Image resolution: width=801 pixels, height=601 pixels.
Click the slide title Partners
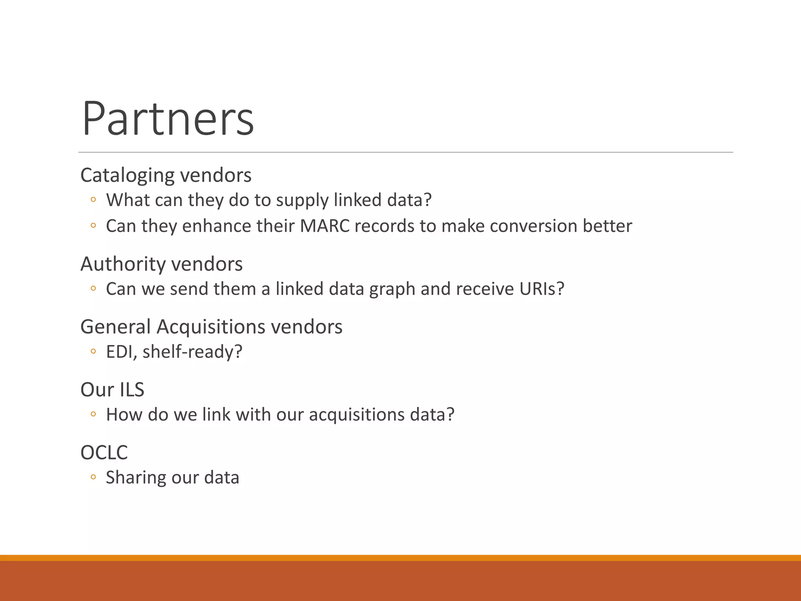click(x=168, y=119)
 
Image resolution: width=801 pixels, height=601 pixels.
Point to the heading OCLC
click(x=104, y=453)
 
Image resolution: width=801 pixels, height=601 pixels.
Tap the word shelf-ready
click(x=192, y=352)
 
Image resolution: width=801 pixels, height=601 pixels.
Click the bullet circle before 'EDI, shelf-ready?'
click(x=93, y=351)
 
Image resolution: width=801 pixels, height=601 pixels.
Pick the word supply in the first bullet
click(x=302, y=201)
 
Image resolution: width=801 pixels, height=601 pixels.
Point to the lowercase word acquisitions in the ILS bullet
click(x=356, y=415)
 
